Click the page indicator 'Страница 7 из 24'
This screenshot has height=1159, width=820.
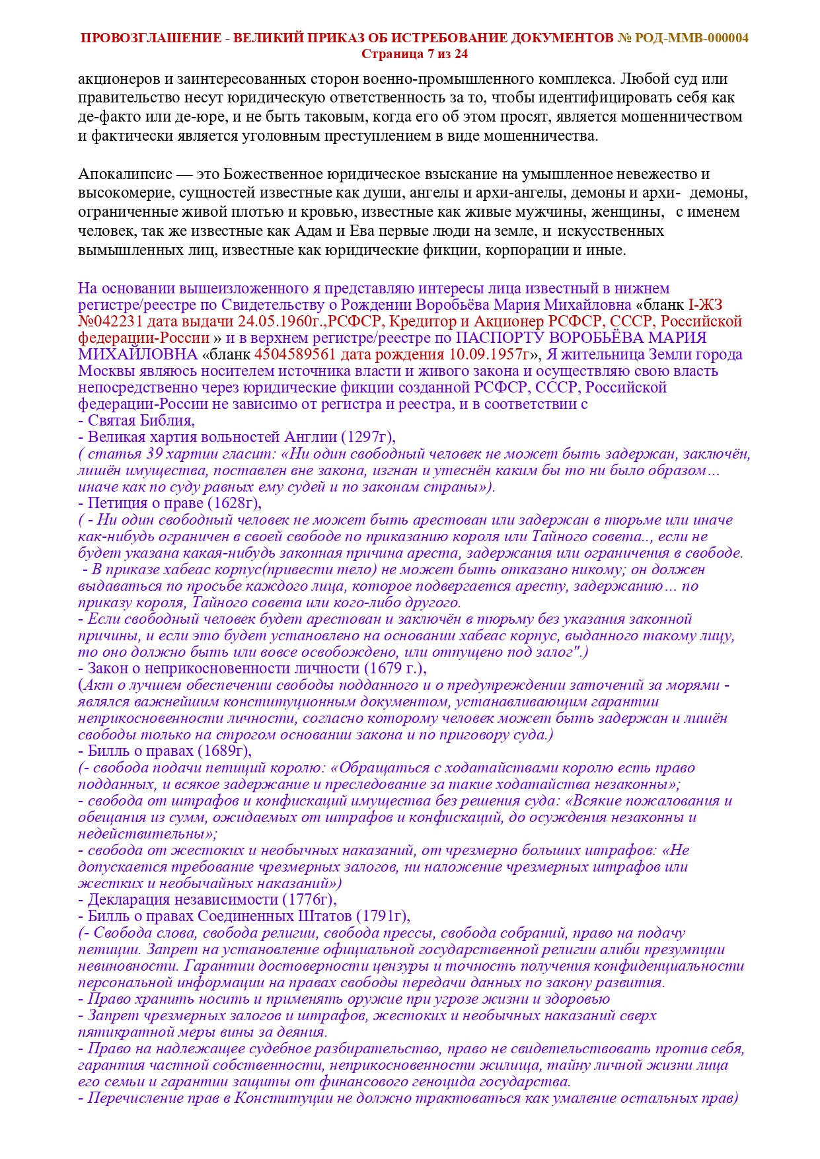414,54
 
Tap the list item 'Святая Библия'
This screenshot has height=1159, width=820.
140,421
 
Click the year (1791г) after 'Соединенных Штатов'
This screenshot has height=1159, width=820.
382,916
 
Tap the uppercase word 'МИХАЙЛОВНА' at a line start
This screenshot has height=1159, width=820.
137,354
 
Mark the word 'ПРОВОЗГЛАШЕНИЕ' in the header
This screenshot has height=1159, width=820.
151,38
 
